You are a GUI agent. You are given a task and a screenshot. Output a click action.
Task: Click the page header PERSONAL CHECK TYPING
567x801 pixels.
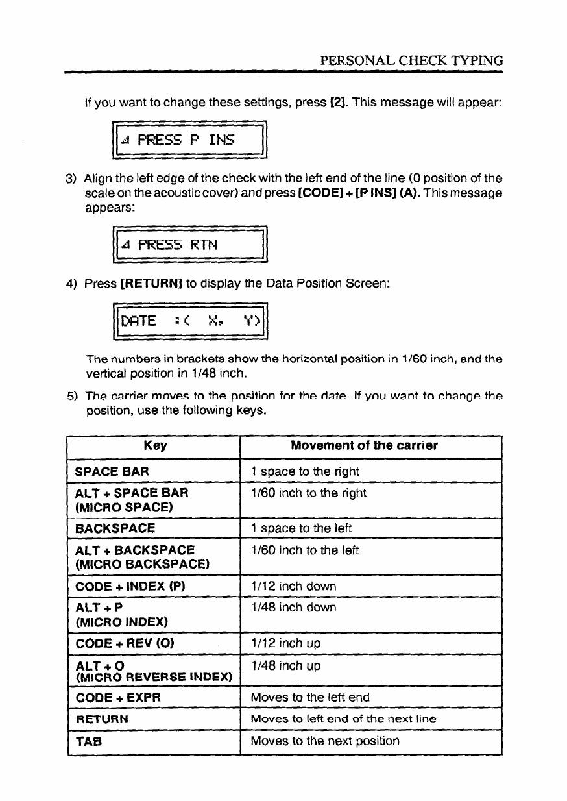tap(412, 61)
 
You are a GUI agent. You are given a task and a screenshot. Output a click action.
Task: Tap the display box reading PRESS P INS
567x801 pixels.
tap(190, 140)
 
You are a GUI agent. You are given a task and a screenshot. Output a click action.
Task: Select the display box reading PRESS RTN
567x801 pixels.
tap(190, 245)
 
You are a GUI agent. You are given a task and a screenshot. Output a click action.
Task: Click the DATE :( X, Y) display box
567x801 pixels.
tap(190, 321)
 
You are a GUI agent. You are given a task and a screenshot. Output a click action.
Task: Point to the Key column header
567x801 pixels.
tap(155, 445)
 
